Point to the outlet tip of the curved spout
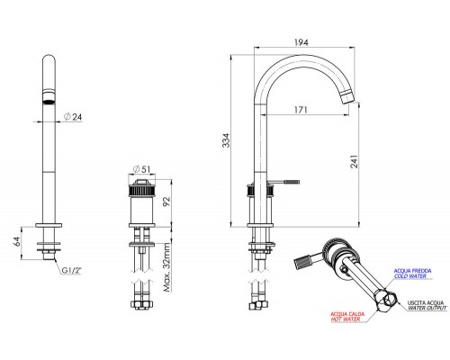pos(348,101)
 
